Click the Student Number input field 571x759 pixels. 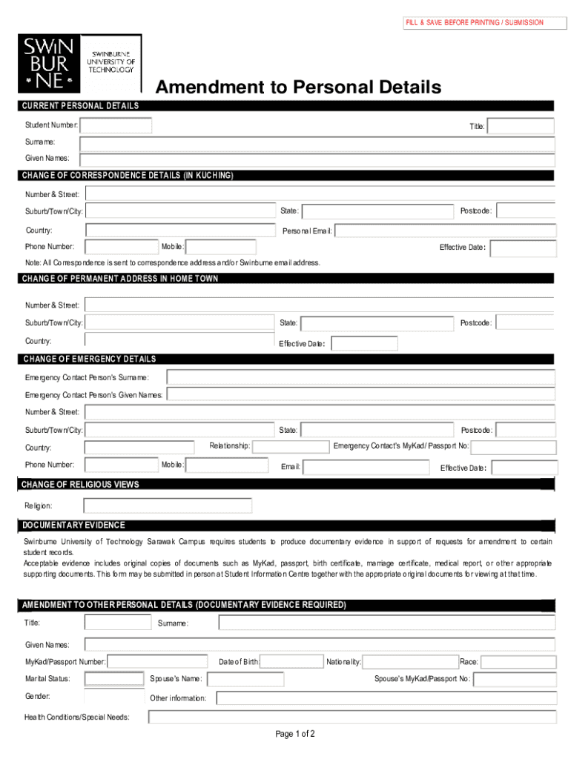[x=116, y=126]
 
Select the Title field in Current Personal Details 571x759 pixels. [x=521, y=126]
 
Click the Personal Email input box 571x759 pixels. [x=445, y=231]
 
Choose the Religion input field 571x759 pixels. [x=168, y=506]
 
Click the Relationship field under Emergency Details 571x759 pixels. [x=291, y=446]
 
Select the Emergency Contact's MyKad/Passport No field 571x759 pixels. [x=513, y=447]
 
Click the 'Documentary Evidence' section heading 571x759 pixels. [x=73, y=526]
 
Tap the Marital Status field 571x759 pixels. [x=114, y=679]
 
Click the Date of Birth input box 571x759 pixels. [x=291, y=662]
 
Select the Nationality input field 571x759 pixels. [x=409, y=662]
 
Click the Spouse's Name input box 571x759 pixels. [x=245, y=679]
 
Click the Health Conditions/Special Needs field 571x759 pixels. [x=352, y=717]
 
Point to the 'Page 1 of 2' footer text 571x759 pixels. [x=295, y=735]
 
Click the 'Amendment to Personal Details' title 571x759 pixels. [x=298, y=87]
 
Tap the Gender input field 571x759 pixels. [x=114, y=697]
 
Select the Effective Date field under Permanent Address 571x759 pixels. [x=364, y=344]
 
